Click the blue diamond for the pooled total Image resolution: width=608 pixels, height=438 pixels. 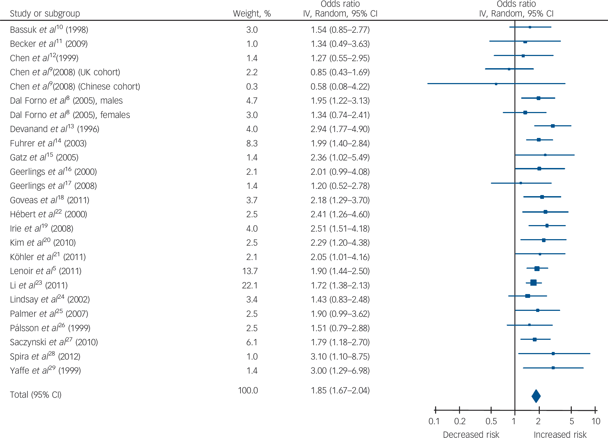[x=536, y=396]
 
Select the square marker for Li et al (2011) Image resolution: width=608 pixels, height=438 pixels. [x=533, y=283]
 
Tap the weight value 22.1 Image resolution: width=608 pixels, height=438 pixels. [x=250, y=285]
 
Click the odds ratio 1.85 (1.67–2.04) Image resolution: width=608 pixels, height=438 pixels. [x=340, y=390]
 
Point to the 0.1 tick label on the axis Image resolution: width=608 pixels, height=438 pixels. [x=434, y=421]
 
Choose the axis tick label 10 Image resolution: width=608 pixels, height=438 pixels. [x=596, y=421]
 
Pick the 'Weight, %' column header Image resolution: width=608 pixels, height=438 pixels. [x=252, y=14]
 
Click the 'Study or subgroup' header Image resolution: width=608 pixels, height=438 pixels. [x=45, y=14]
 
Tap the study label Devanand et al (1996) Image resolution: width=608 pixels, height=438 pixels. [x=55, y=129]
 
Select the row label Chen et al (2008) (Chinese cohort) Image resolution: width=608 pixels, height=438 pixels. [x=75, y=87]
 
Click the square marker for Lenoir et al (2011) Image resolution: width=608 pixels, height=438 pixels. [x=537, y=269]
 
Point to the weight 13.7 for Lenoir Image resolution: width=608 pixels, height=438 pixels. [x=250, y=271]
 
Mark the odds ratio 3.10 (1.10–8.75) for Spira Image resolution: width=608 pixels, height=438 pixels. [x=340, y=357]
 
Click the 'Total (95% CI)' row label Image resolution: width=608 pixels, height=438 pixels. [x=36, y=395]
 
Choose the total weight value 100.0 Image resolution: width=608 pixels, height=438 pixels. [x=248, y=390]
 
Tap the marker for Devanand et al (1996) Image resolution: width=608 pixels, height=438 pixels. [x=553, y=126]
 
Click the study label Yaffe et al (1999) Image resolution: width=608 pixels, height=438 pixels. [x=45, y=371]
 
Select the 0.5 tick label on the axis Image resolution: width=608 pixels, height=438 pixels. [x=491, y=421]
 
